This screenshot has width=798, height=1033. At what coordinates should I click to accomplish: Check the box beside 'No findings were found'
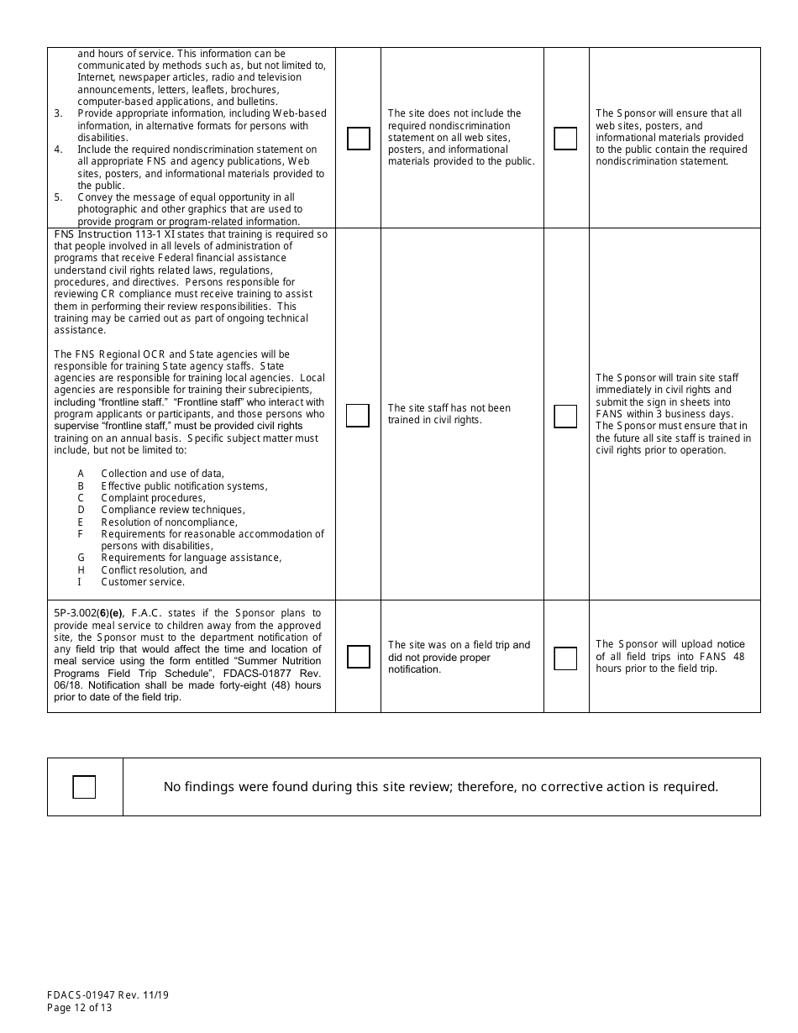pyautogui.click(x=84, y=787)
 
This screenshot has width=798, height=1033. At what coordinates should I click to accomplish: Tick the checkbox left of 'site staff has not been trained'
pyautogui.click(x=358, y=416)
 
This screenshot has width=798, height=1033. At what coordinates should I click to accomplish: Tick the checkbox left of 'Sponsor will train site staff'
pyautogui.click(x=566, y=416)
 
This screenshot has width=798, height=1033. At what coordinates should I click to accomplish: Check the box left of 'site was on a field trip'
pyautogui.click(x=359, y=657)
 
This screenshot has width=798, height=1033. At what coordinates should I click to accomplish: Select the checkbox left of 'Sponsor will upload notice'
pyautogui.click(x=566, y=658)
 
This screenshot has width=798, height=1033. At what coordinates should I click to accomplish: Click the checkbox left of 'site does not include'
pyautogui.click(x=359, y=139)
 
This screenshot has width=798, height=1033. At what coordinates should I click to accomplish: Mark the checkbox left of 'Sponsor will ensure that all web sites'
pyautogui.click(x=566, y=139)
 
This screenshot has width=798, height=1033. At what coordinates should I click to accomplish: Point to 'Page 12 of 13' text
pyautogui.click(x=80, y=1008)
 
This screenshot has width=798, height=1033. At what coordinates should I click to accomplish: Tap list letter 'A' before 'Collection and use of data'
pyautogui.click(x=81, y=474)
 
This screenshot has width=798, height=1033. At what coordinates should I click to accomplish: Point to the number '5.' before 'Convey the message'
pyautogui.click(x=59, y=197)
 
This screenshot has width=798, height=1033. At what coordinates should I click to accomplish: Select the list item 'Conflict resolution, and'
pyautogui.click(x=154, y=569)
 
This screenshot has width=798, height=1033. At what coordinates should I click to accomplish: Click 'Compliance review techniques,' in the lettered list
pyautogui.click(x=173, y=510)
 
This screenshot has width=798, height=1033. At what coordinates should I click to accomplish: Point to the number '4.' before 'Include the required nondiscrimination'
pyautogui.click(x=59, y=149)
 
